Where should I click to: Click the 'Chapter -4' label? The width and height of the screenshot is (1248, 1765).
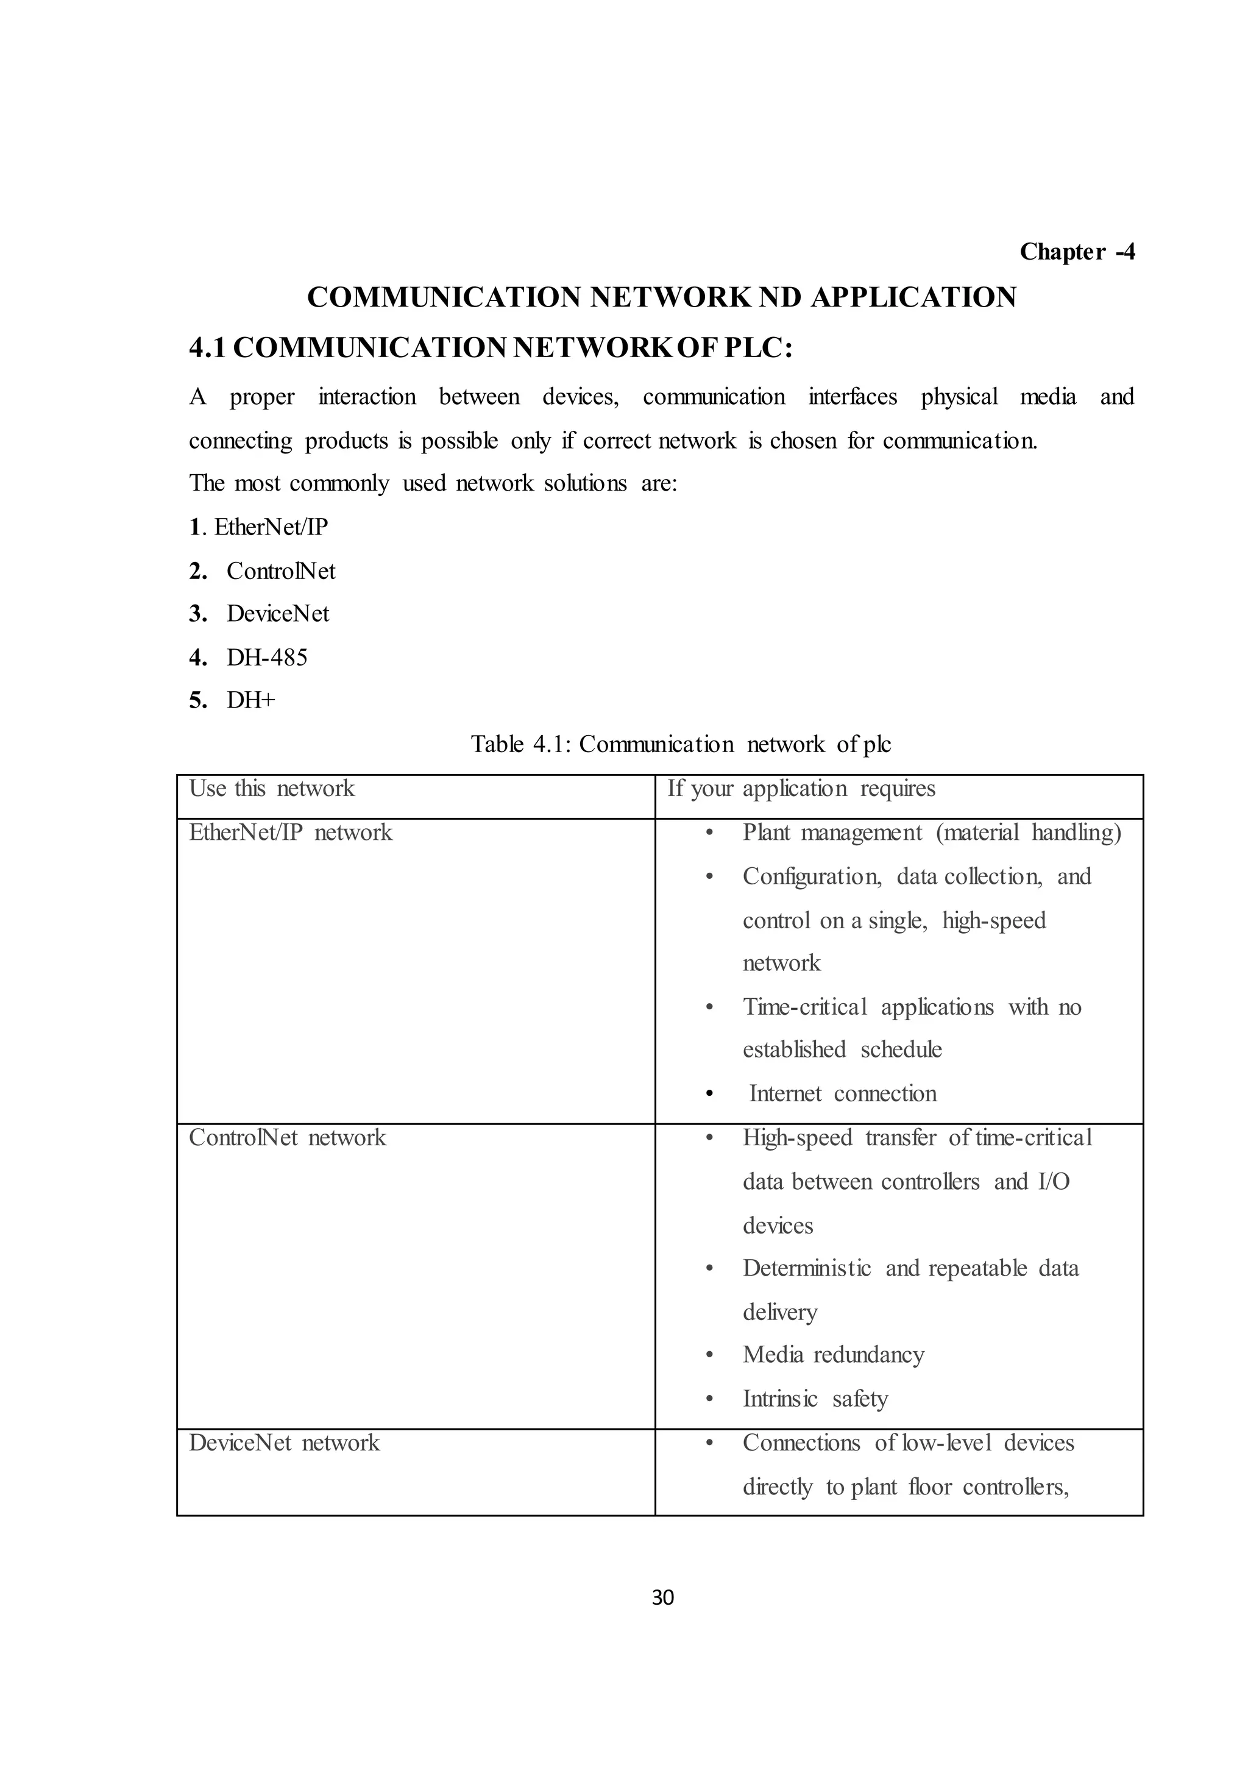click(x=1077, y=251)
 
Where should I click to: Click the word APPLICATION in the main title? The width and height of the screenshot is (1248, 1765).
click(x=913, y=297)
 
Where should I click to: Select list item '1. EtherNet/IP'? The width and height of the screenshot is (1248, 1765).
click(x=259, y=527)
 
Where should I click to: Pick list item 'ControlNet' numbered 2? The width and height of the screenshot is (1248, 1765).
click(x=280, y=571)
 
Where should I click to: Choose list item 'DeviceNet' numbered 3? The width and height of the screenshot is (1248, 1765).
click(x=277, y=614)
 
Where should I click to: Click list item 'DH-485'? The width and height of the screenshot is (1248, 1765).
click(x=267, y=657)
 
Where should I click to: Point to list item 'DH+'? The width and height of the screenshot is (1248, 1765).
click(x=250, y=700)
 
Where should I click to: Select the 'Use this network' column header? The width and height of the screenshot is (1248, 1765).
click(x=272, y=789)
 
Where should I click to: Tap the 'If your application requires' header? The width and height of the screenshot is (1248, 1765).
click(x=801, y=789)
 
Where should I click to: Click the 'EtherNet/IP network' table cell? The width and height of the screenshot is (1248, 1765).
click(x=291, y=833)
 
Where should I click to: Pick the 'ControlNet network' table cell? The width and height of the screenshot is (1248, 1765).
click(x=288, y=1138)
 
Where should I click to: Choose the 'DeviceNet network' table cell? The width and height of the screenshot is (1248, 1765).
click(x=285, y=1443)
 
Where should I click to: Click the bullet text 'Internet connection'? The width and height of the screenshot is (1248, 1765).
click(x=842, y=1094)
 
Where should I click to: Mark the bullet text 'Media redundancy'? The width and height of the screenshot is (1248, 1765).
click(x=833, y=1354)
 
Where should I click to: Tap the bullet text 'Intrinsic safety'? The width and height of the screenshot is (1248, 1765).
click(x=815, y=1398)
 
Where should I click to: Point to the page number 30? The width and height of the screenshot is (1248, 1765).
click(x=662, y=1598)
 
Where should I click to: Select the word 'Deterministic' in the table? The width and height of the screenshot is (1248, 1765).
click(x=806, y=1268)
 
